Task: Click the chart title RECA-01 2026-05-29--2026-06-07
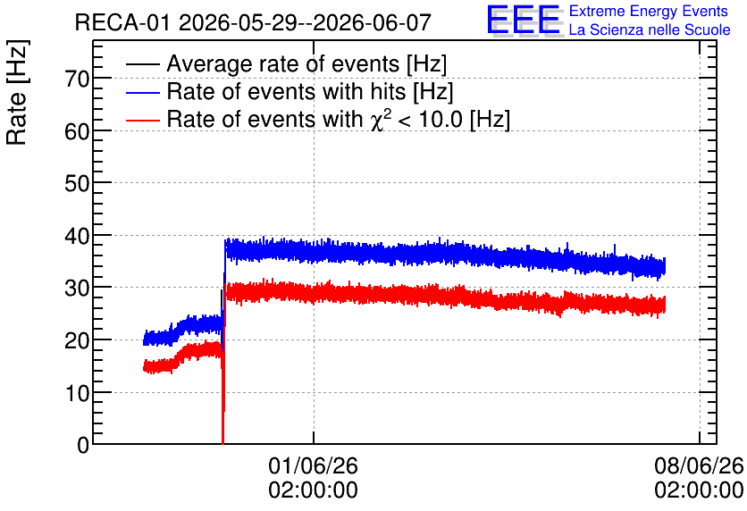pos(253,22)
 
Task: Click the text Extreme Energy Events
pos(649,11)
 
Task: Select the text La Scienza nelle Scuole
pos(650,29)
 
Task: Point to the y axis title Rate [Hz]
pos(17,92)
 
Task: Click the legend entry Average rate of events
pos(306,63)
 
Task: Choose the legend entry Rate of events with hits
pos(310,91)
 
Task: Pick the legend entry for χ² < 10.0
pos(339,119)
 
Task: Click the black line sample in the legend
pos(143,64)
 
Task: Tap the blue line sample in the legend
pos(143,92)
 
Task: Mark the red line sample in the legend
pos(143,120)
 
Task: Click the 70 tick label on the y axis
pos(77,79)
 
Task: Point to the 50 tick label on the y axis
pos(77,183)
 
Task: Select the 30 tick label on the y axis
pos(77,288)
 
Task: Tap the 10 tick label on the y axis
pos(77,393)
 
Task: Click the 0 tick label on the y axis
pos(83,445)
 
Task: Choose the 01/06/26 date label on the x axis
pos(313,465)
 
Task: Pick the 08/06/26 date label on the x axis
pos(699,465)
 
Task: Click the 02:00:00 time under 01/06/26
pos(313,490)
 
